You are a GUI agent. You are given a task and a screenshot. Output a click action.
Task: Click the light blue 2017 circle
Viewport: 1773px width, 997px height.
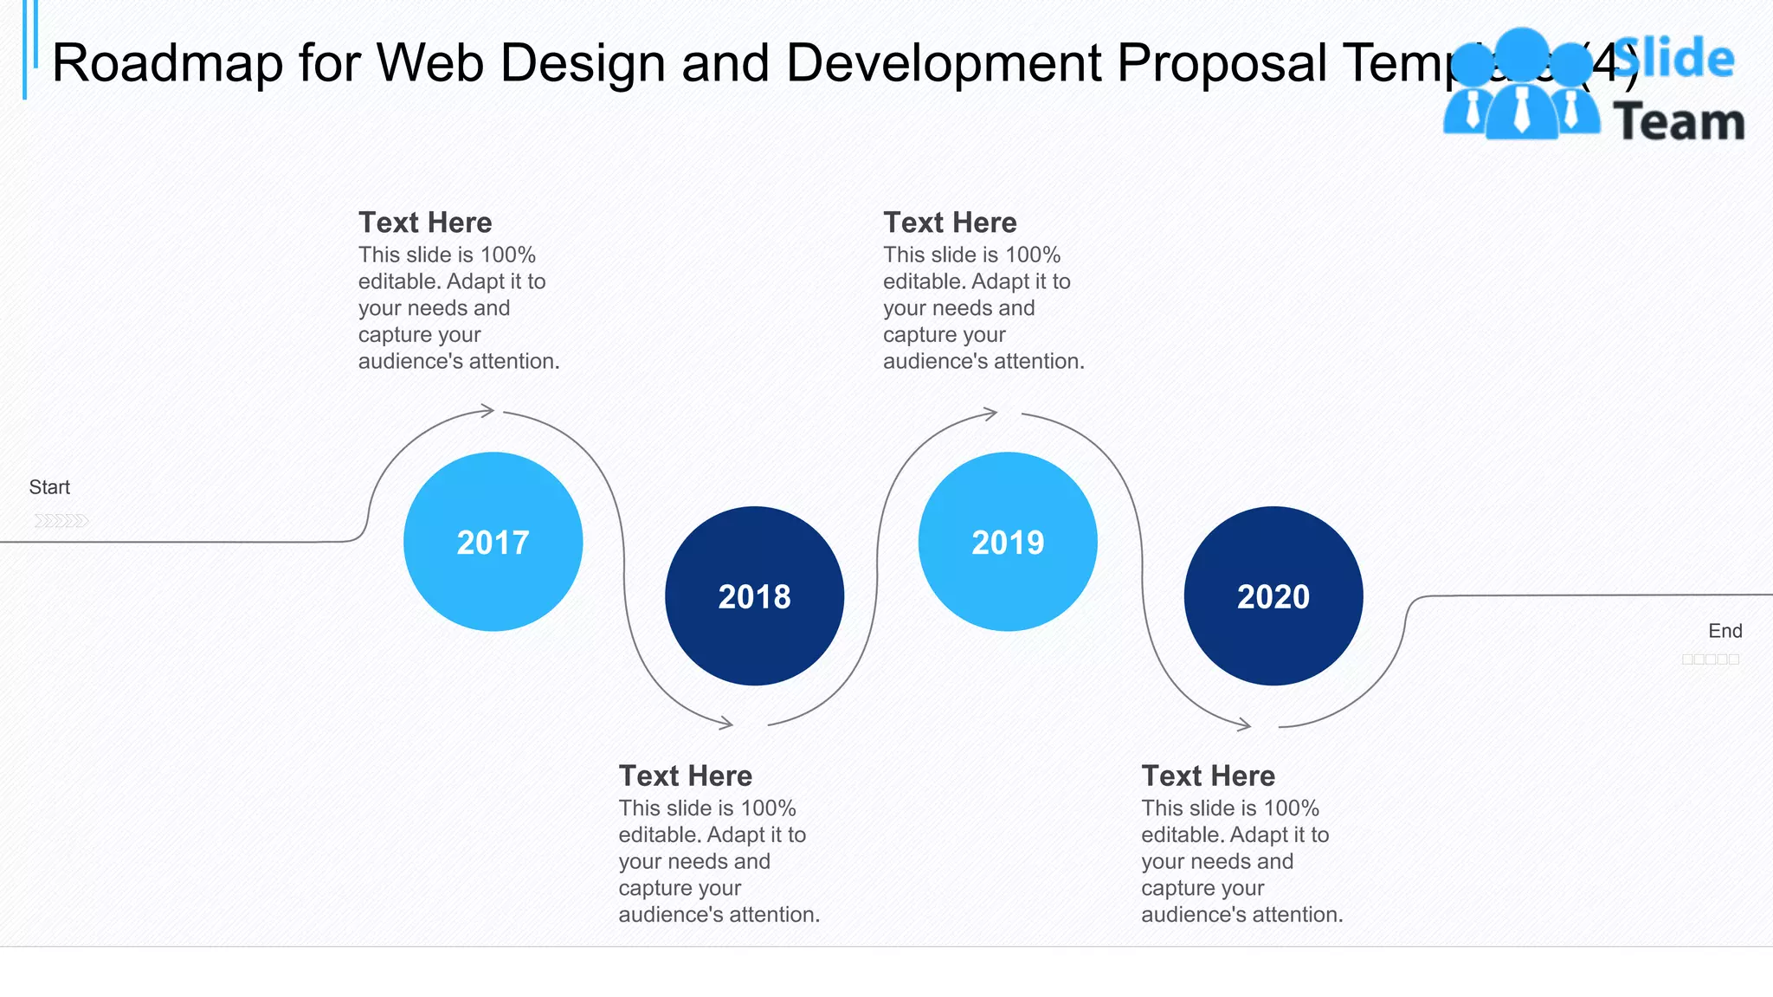tap(493, 542)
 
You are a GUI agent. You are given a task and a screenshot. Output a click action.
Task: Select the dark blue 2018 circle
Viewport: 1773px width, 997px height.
tap(754, 596)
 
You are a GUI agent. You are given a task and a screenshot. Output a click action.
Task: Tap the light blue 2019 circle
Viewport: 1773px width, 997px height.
tap(1008, 542)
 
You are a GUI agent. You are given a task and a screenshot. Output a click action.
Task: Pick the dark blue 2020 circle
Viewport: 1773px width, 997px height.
tap(1273, 596)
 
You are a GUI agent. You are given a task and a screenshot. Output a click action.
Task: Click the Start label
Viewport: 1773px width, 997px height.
tap(49, 487)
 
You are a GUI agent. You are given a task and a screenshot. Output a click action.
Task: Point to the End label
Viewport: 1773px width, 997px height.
tap(1725, 631)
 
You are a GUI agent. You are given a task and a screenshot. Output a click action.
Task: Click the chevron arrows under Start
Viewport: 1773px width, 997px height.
tap(61, 520)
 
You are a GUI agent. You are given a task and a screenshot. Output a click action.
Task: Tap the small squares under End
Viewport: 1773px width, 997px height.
tap(1710, 659)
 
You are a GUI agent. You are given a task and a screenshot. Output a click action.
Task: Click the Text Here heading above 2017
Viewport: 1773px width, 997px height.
tap(425, 222)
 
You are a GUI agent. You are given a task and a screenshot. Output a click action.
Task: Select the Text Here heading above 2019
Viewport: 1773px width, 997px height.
tap(950, 222)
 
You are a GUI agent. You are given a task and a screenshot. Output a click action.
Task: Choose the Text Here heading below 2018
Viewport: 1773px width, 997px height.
tap(685, 775)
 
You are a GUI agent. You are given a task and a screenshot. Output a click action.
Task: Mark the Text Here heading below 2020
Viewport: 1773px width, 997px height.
tap(1208, 775)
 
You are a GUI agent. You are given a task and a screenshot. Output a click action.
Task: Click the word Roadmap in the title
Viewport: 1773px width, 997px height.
tap(167, 63)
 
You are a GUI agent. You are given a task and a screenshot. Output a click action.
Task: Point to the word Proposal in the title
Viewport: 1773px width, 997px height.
tap(1222, 63)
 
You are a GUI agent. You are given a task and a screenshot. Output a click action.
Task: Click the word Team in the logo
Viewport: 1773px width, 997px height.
tap(1679, 122)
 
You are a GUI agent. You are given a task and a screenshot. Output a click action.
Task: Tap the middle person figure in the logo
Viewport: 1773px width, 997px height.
tap(1521, 87)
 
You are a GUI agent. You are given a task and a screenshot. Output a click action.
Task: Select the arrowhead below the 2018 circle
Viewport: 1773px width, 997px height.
tap(726, 723)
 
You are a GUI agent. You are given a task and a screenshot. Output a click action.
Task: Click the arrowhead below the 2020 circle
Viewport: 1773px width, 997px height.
tap(1244, 724)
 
